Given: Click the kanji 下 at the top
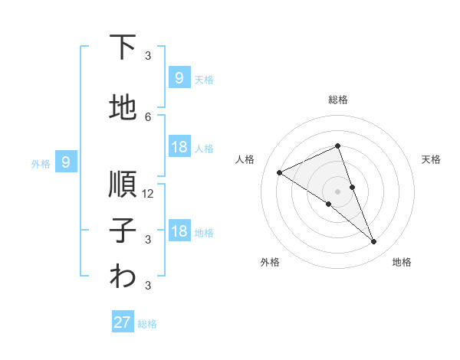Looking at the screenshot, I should (x=123, y=47).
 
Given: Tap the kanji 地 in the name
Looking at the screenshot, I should (x=123, y=108).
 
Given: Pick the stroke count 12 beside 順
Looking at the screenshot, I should (x=148, y=194).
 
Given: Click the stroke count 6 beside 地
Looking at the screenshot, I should (x=148, y=116).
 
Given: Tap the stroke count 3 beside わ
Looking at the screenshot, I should (x=148, y=286).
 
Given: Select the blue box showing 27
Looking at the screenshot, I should (x=123, y=322).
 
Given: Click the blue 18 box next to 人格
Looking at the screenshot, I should (x=179, y=147).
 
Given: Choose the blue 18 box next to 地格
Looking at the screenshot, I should (x=179, y=231).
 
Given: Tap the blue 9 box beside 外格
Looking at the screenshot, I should (x=66, y=162).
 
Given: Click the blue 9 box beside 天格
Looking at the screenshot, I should (x=179, y=77).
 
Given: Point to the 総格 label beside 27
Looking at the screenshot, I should (x=147, y=324).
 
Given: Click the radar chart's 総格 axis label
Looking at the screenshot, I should (x=337, y=100).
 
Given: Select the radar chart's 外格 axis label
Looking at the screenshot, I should (x=270, y=262).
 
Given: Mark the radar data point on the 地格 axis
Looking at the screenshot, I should (x=374, y=242).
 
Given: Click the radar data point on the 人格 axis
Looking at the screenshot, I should (x=279, y=173).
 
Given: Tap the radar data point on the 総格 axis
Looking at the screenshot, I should (x=337, y=146).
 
